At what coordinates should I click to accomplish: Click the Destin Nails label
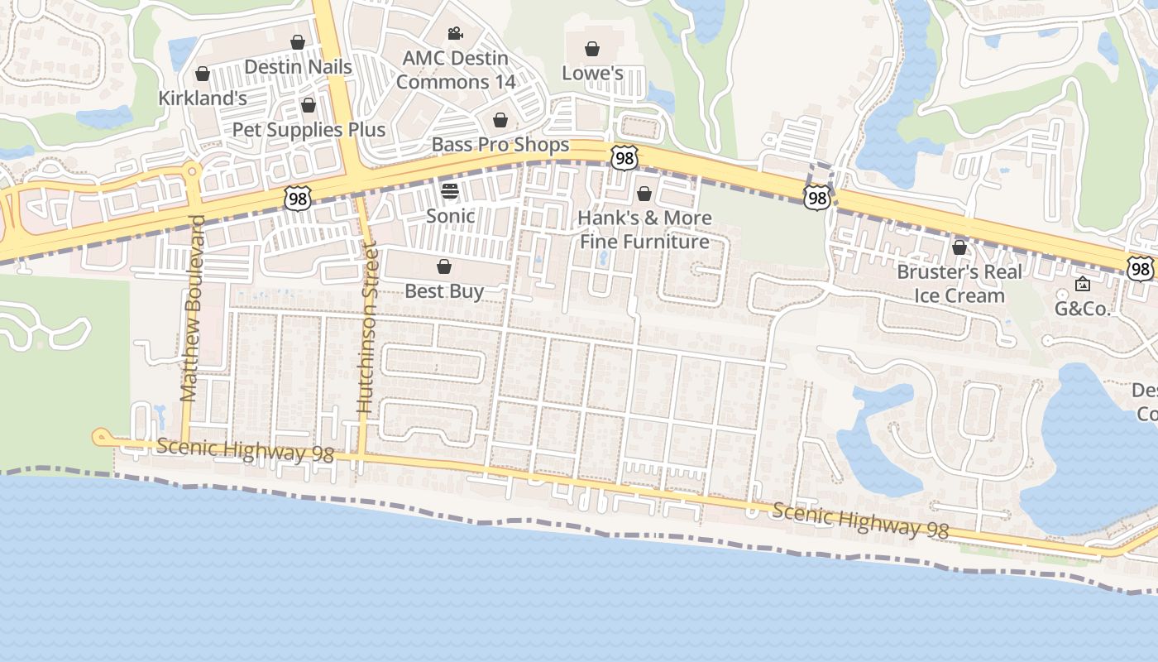point(298,67)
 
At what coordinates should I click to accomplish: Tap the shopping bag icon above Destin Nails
point(298,42)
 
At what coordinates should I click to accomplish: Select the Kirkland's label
point(203,98)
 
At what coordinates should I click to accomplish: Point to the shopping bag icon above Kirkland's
point(203,74)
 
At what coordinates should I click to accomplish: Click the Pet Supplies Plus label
point(309,130)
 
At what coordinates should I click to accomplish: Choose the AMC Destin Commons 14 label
point(455,70)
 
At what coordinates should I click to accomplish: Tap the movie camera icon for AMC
point(455,34)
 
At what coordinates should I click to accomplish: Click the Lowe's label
point(592,73)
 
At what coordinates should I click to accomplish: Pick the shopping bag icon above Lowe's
point(592,49)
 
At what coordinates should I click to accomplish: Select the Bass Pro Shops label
point(500,145)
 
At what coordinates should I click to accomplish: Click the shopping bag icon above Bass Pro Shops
point(500,121)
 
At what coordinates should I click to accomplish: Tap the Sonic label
point(450,216)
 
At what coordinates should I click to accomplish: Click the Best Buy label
point(444,291)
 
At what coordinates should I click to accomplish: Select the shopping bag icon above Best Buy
point(444,266)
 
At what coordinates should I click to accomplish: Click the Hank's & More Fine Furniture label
point(644,230)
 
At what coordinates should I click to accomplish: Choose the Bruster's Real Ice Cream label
point(959,284)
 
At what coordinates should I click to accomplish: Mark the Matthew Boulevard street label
point(193,308)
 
